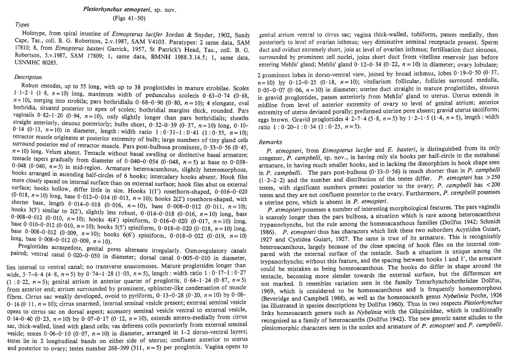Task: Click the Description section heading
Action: [27, 77]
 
